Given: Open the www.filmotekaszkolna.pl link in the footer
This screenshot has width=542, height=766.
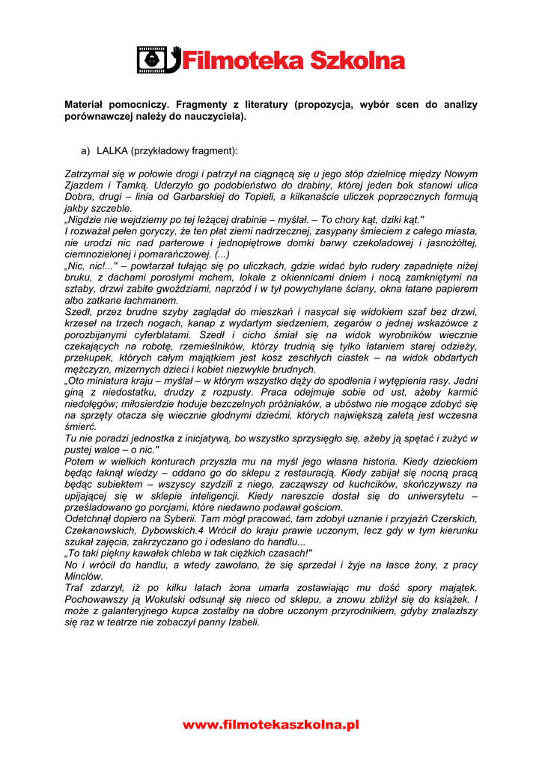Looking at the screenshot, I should tap(271, 724).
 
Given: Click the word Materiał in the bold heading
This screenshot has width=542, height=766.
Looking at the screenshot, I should tap(88, 105).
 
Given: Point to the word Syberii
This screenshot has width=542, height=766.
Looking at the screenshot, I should tap(174, 519).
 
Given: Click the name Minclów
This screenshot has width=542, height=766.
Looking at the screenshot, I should tap(84, 577).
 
